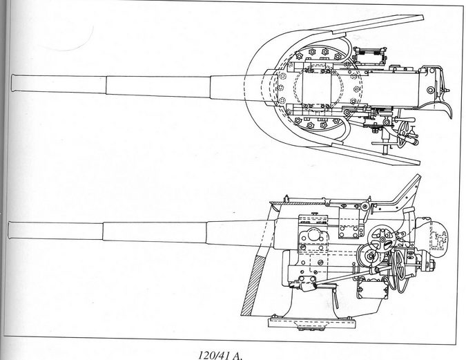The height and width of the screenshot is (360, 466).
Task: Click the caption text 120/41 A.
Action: coord(220,355)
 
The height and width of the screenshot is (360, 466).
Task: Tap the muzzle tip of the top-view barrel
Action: coord(12,84)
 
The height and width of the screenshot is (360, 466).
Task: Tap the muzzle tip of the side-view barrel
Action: coord(9,230)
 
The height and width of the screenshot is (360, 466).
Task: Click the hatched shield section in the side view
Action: coord(253,285)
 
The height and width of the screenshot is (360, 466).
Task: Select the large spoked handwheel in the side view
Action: coord(382,239)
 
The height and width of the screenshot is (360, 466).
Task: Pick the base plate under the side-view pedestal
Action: coord(312,323)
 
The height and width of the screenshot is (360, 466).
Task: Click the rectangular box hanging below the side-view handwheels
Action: coord(372,289)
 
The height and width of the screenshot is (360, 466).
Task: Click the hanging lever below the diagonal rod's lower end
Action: coord(336,296)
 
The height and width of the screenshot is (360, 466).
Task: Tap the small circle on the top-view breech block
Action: coord(430,90)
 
